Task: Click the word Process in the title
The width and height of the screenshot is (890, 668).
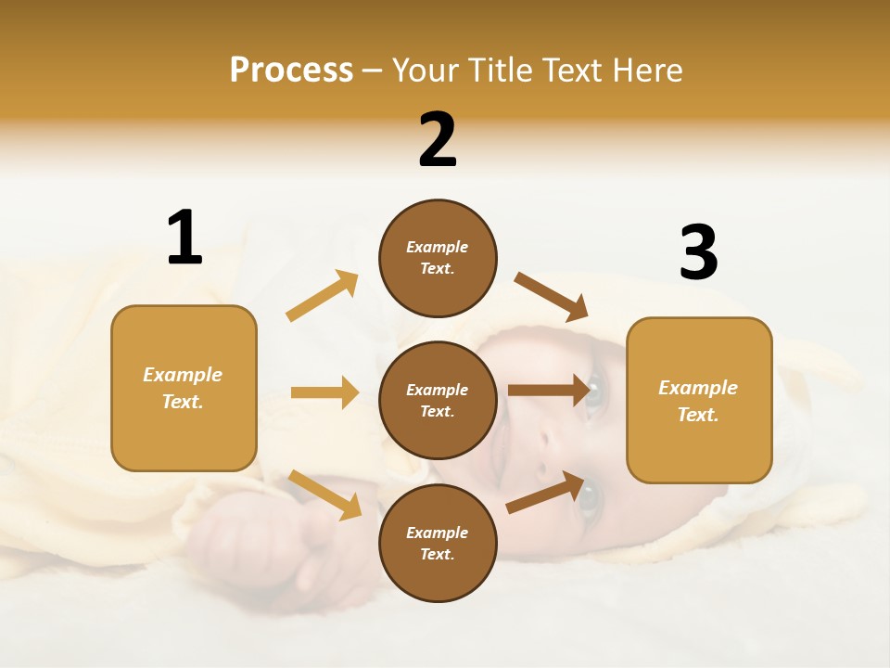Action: pos(291,70)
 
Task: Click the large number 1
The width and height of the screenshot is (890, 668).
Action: pos(184,238)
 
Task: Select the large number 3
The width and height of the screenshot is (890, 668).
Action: pos(698,253)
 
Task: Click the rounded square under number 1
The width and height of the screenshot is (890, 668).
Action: pos(184,388)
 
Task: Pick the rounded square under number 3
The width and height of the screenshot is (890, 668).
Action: pos(699,400)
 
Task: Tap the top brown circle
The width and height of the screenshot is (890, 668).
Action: pos(438,257)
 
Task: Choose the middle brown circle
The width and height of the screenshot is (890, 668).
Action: pos(438,400)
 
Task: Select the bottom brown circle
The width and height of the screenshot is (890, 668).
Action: pos(438,543)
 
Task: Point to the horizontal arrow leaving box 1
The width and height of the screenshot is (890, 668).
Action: pos(324,392)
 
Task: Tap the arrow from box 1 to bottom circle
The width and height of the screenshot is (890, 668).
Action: pos(324,495)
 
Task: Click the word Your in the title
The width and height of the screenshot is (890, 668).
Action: pos(425,70)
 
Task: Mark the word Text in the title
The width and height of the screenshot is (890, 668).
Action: pos(575,70)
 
